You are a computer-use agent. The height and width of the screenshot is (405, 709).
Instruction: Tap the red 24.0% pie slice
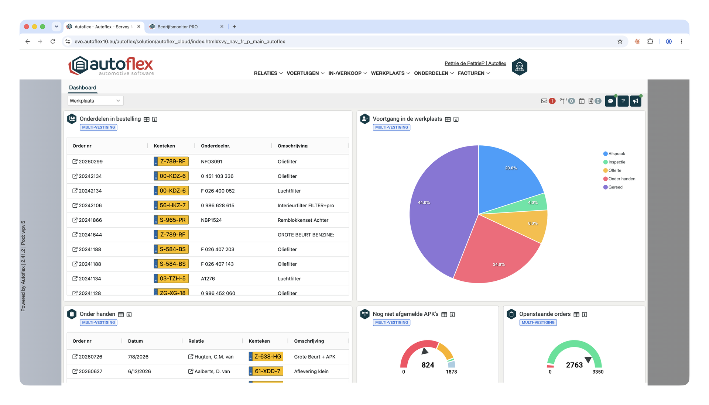click(495, 255)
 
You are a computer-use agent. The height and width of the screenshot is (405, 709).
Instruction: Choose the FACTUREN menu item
click(474, 73)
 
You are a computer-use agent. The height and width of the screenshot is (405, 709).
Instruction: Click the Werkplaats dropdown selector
click(95, 101)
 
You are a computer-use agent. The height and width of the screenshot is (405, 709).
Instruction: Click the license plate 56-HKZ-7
click(171, 205)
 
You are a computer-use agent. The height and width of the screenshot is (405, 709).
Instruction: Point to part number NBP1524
click(211, 220)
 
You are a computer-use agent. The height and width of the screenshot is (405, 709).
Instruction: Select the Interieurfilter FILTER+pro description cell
click(306, 205)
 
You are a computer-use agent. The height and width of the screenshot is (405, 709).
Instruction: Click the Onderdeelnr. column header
click(216, 146)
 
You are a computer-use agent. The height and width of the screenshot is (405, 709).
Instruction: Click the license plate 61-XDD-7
click(266, 371)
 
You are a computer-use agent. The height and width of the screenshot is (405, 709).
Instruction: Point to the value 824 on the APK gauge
click(428, 365)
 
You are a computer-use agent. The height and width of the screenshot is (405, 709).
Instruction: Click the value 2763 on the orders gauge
click(574, 365)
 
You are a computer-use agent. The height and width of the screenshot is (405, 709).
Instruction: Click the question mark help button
click(623, 101)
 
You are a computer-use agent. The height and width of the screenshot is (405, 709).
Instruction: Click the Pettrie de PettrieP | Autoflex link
click(475, 63)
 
